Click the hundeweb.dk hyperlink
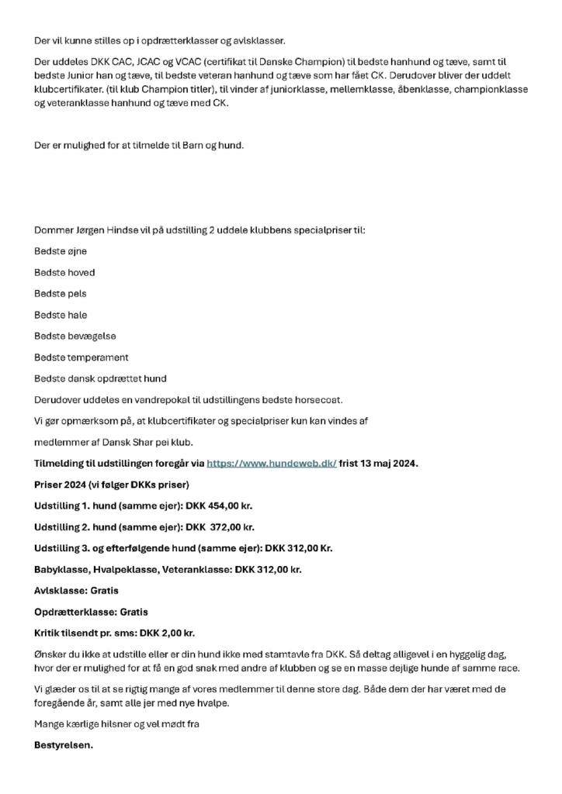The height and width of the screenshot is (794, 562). [271, 463]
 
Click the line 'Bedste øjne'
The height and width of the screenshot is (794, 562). [61, 251]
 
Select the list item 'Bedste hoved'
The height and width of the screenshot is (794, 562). [64, 273]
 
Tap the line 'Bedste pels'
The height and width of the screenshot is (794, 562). [61, 294]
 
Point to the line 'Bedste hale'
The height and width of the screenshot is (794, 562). [61, 315]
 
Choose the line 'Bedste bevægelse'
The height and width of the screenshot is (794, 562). [75, 337]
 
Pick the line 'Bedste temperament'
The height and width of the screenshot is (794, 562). [82, 357]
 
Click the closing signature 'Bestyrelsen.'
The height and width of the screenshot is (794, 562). [64, 746]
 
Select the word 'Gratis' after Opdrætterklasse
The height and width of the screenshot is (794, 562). [133, 612]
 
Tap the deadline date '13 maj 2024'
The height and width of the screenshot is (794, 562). [390, 463]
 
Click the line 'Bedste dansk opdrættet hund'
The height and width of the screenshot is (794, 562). [100, 378]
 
